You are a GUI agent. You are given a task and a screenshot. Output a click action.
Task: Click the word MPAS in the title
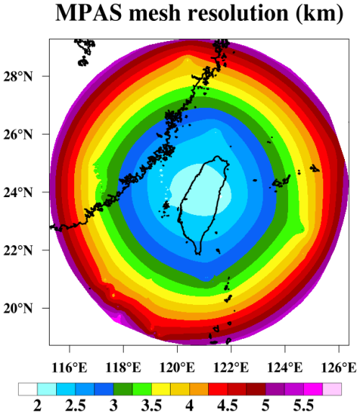pyautogui.click(x=89, y=12)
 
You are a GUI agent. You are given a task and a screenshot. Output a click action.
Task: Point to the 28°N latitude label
pyautogui.click(x=18, y=76)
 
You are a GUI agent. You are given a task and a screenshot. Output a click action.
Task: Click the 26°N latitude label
pyautogui.click(x=18, y=134)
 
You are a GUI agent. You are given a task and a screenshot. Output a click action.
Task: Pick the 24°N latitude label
pyautogui.click(x=18, y=192)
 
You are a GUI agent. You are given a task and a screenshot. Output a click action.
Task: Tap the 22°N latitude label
pyautogui.click(x=18, y=250)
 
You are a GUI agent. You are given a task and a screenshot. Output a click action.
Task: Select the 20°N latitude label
pyautogui.click(x=18, y=308)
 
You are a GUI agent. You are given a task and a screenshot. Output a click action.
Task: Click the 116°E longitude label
pyautogui.click(x=69, y=368)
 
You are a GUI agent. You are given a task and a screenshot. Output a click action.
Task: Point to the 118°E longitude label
pyautogui.click(x=123, y=368)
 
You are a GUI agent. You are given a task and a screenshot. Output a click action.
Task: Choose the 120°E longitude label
pyautogui.click(x=177, y=368)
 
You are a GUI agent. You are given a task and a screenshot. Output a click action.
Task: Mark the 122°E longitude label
pyautogui.click(x=231, y=368)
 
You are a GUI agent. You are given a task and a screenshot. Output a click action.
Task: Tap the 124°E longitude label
pyautogui.click(x=285, y=368)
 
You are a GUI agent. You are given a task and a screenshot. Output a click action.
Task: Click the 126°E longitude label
pyautogui.click(x=339, y=368)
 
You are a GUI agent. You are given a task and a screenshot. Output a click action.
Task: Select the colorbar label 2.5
pyautogui.click(x=76, y=405)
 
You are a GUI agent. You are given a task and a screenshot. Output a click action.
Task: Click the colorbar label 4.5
pyautogui.click(x=228, y=405)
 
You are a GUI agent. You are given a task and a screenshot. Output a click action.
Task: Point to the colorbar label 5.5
pyautogui.click(x=304, y=405)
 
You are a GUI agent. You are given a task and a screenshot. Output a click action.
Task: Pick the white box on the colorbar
pyautogui.click(x=28, y=389)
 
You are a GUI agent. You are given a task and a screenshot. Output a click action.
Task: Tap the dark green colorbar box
pyautogui.click(x=123, y=389)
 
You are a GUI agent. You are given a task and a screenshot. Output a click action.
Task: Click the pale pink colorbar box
pyautogui.click(x=332, y=389)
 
